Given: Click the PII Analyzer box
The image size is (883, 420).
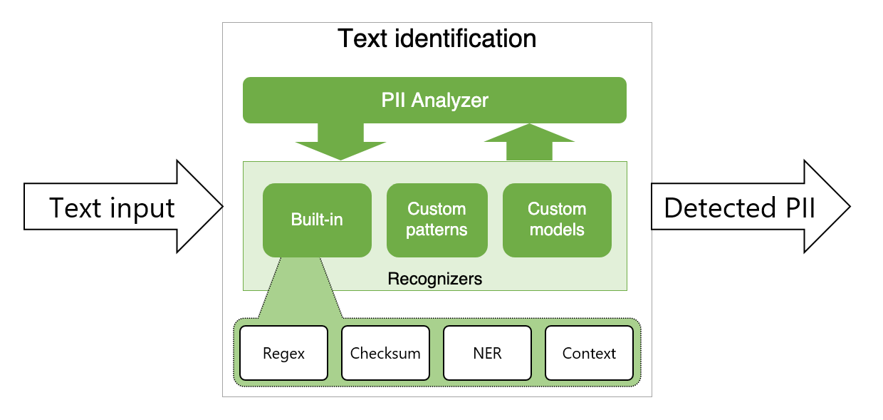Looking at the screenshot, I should click(434, 100).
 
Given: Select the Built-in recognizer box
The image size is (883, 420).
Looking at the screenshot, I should click(317, 220).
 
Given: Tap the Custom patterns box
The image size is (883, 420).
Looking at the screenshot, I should click(437, 220).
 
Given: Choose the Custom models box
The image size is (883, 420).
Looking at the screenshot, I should click(556, 220).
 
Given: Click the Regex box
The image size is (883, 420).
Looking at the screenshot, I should click(283, 353).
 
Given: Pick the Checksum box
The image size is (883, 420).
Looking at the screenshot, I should click(385, 353).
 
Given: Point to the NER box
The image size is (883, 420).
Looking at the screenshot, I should click(487, 353).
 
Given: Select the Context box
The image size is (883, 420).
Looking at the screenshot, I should click(589, 353).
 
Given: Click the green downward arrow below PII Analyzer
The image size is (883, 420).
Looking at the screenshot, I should click(340, 142).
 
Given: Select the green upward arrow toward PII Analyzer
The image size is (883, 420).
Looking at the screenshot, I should click(528, 142).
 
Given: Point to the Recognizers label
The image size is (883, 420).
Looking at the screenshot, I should click(434, 279).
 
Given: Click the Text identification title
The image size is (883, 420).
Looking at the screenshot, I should click(437, 38).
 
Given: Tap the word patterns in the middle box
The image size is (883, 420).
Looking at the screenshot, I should click(437, 230).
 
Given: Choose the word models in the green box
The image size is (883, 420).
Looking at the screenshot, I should click(556, 230).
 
